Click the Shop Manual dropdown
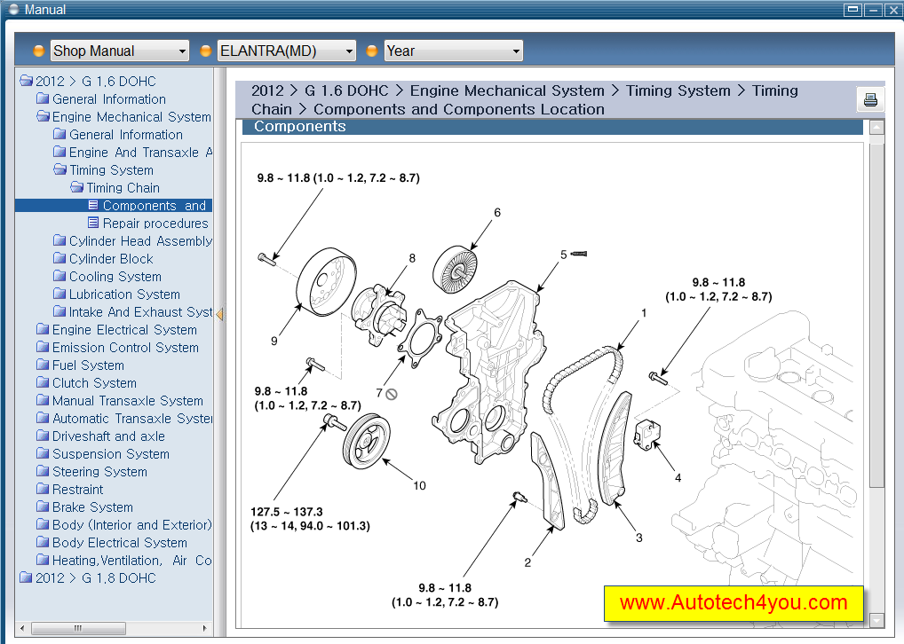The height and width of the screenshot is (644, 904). click(119, 51)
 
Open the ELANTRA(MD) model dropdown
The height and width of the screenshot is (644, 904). click(287, 51)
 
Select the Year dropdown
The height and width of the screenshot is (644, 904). click(453, 51)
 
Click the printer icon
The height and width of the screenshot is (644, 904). click(870, 99)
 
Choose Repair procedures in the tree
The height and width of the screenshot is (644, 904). click(155, 224)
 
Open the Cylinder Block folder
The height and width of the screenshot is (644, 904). click(111, 259)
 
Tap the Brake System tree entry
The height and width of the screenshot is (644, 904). click(92, 507)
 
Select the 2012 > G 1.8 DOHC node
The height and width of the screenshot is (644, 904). click(95, 578)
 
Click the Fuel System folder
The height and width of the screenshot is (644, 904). click(88, 365)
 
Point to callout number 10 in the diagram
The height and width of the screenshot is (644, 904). click(419, 485)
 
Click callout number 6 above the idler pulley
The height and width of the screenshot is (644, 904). click(497, 213)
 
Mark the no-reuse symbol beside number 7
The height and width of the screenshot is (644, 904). click(391, 393)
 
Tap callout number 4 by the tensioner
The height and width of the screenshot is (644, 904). click(678, 478)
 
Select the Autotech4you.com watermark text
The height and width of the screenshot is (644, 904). click(734, 603)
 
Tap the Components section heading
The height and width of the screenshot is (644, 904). click(299, 127)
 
